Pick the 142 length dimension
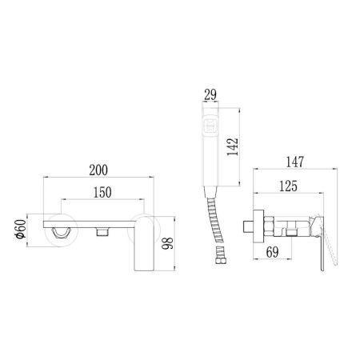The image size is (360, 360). [x=232, y=146]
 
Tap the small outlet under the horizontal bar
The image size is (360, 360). [x=102, y=232]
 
